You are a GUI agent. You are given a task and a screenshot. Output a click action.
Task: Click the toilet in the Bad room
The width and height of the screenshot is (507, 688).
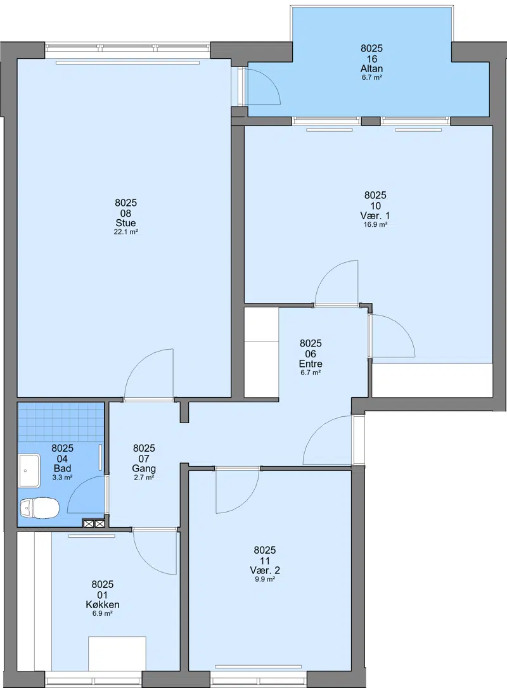(39, 508)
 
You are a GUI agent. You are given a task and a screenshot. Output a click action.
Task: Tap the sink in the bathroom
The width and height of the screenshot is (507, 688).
(29, 471)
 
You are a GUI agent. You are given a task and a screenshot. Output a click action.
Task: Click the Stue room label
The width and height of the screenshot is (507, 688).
(125, 223)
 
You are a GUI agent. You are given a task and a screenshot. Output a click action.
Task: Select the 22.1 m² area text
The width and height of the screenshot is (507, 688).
(126, 232)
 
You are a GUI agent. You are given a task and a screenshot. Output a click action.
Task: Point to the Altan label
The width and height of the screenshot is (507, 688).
(371, 68)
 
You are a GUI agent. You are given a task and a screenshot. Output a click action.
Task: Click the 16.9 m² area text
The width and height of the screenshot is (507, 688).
(375, 225)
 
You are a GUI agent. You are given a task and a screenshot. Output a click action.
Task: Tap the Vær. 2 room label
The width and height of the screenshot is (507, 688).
(265, 570)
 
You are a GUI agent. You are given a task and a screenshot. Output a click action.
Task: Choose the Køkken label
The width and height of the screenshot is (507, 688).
(103, 604)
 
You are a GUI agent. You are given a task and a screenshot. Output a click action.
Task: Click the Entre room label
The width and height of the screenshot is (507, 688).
(311, 364)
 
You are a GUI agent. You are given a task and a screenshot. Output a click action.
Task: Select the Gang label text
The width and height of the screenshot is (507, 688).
(144, 469)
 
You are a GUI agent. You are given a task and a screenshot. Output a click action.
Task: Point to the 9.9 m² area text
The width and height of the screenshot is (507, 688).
(265, 580)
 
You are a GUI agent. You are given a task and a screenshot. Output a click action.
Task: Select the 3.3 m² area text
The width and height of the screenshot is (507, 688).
(62, 478)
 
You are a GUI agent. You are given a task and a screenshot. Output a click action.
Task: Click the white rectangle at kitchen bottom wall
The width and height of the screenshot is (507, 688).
(117, 654)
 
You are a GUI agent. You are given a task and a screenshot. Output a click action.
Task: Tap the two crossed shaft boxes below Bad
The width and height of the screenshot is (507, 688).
(94, 523)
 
